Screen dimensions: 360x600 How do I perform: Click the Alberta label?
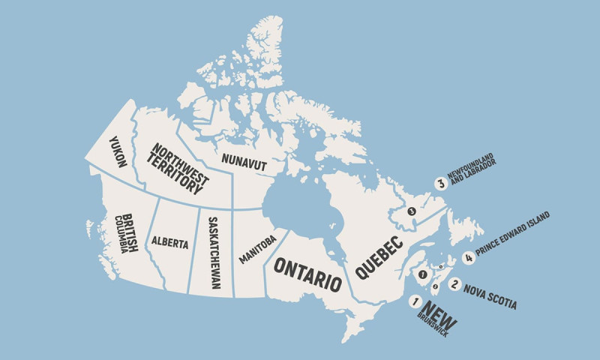tap(169, 242)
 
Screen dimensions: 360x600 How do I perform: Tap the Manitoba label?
tap(258, 249)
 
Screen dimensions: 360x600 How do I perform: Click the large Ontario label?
tap(307, 274)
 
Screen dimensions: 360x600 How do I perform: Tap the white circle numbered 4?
tap(469, 258)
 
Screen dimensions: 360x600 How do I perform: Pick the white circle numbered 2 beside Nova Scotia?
tap(454, 284)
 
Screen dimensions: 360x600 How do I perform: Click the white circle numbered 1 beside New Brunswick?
tap(414, 301)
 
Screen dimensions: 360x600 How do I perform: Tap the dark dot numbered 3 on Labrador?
tap(411, 211)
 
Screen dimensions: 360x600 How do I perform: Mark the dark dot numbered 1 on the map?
tap(423, 275)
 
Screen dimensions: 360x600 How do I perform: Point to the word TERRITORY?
tap(176, 172)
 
